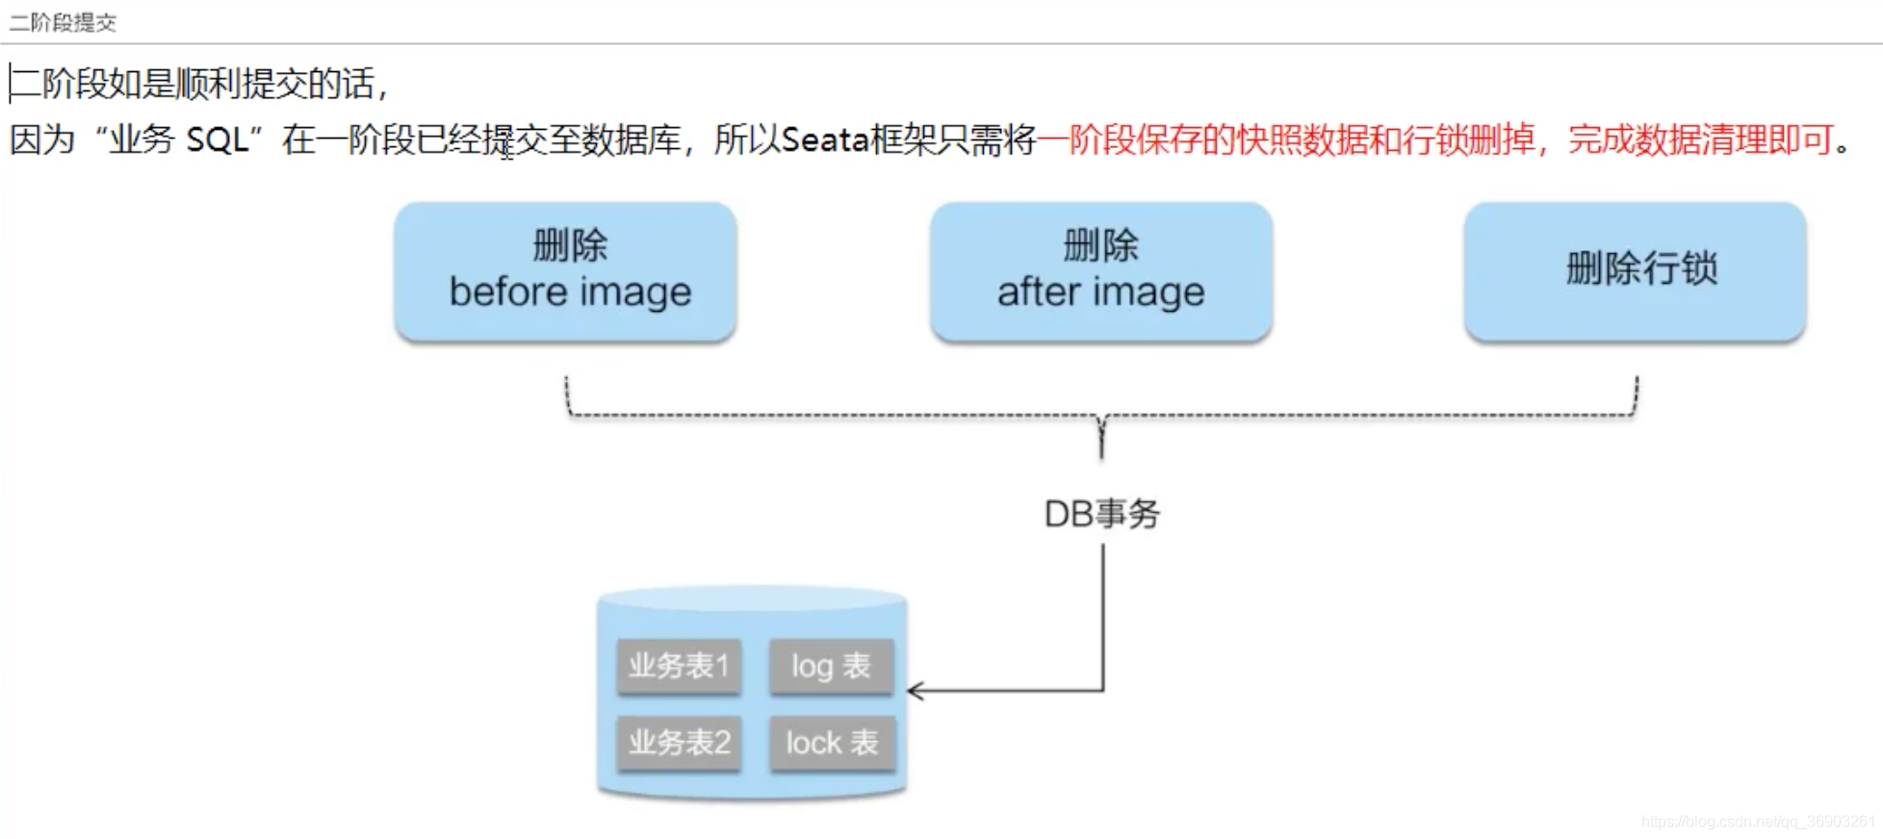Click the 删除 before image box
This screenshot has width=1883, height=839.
(566, 271)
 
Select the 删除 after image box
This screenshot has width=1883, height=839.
(1101, 271)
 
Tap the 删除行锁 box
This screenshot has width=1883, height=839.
(1636, 271)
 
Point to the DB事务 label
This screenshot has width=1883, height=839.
(1102, 514)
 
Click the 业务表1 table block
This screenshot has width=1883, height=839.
(679, 665)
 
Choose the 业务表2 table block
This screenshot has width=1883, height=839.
(679, 742)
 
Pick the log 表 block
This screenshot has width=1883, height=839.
(832, 665)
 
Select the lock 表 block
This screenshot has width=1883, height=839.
(832, 742)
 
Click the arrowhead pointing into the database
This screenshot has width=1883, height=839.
(915, 691)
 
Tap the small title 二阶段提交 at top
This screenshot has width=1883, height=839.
(63, 22)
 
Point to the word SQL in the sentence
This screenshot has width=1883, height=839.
(217, 140)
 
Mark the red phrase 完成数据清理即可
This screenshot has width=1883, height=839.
(1700, 140)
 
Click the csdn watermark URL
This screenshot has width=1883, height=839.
(1759, 822)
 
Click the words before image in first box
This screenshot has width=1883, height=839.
(570, 292)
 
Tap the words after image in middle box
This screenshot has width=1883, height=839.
(1101, 292)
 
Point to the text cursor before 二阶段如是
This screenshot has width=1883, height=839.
(11, 84)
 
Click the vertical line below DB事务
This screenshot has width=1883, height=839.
(1103, 617)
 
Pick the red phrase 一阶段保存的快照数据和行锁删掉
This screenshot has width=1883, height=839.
(1286, 140)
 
